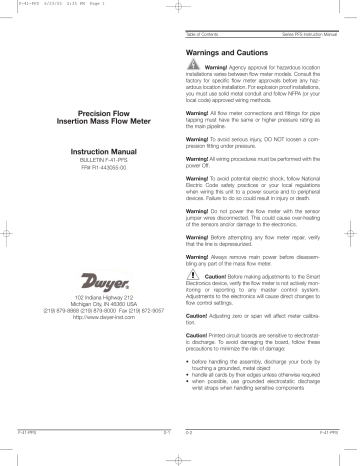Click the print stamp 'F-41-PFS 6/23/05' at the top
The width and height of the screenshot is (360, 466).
(30, 5)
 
